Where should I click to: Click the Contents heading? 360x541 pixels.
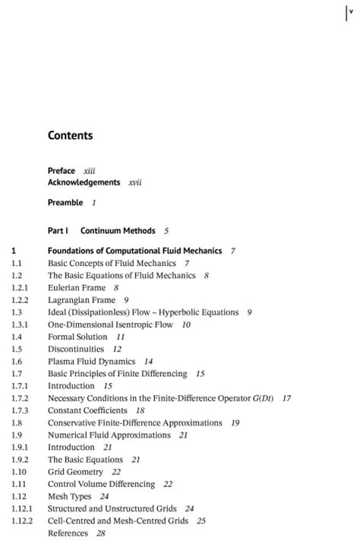70,136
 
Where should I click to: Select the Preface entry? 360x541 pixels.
62,171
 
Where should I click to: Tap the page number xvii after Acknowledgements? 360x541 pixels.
135,182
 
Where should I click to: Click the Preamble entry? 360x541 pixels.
65,203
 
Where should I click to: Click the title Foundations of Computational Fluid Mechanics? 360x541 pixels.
134,251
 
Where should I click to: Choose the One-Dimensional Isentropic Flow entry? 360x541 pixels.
110,324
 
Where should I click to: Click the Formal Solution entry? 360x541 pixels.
77,337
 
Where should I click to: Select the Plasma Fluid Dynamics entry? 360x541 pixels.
91,362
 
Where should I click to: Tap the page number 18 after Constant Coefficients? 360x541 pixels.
140,410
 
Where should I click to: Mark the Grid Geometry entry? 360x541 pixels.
75,472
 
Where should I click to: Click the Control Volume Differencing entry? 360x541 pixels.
101,484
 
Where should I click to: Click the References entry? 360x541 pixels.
67,533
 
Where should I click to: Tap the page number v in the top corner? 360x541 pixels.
351,11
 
